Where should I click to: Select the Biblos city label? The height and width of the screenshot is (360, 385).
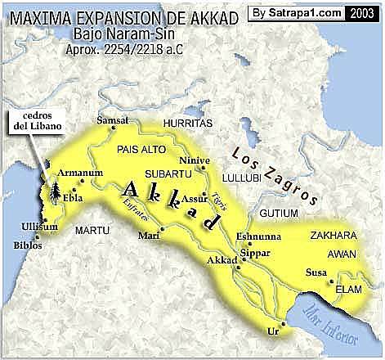click(26, 244)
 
